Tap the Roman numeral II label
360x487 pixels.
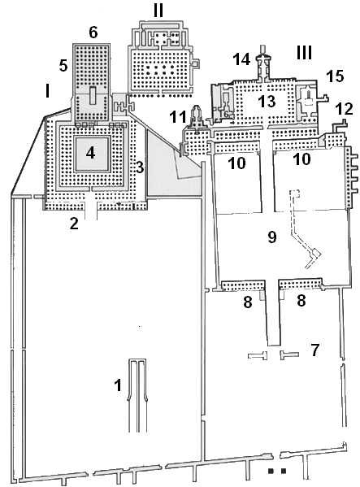pyautogui.click(x=159, y=11)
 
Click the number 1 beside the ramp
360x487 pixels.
pyautogui.click(x=119, y=385)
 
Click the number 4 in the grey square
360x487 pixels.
pyautogui.click(x=91, y=151)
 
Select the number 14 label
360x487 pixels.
pyautogui.click(x=240, y=59)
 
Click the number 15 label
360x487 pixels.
pyautogui.click(x=335, y=75)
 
